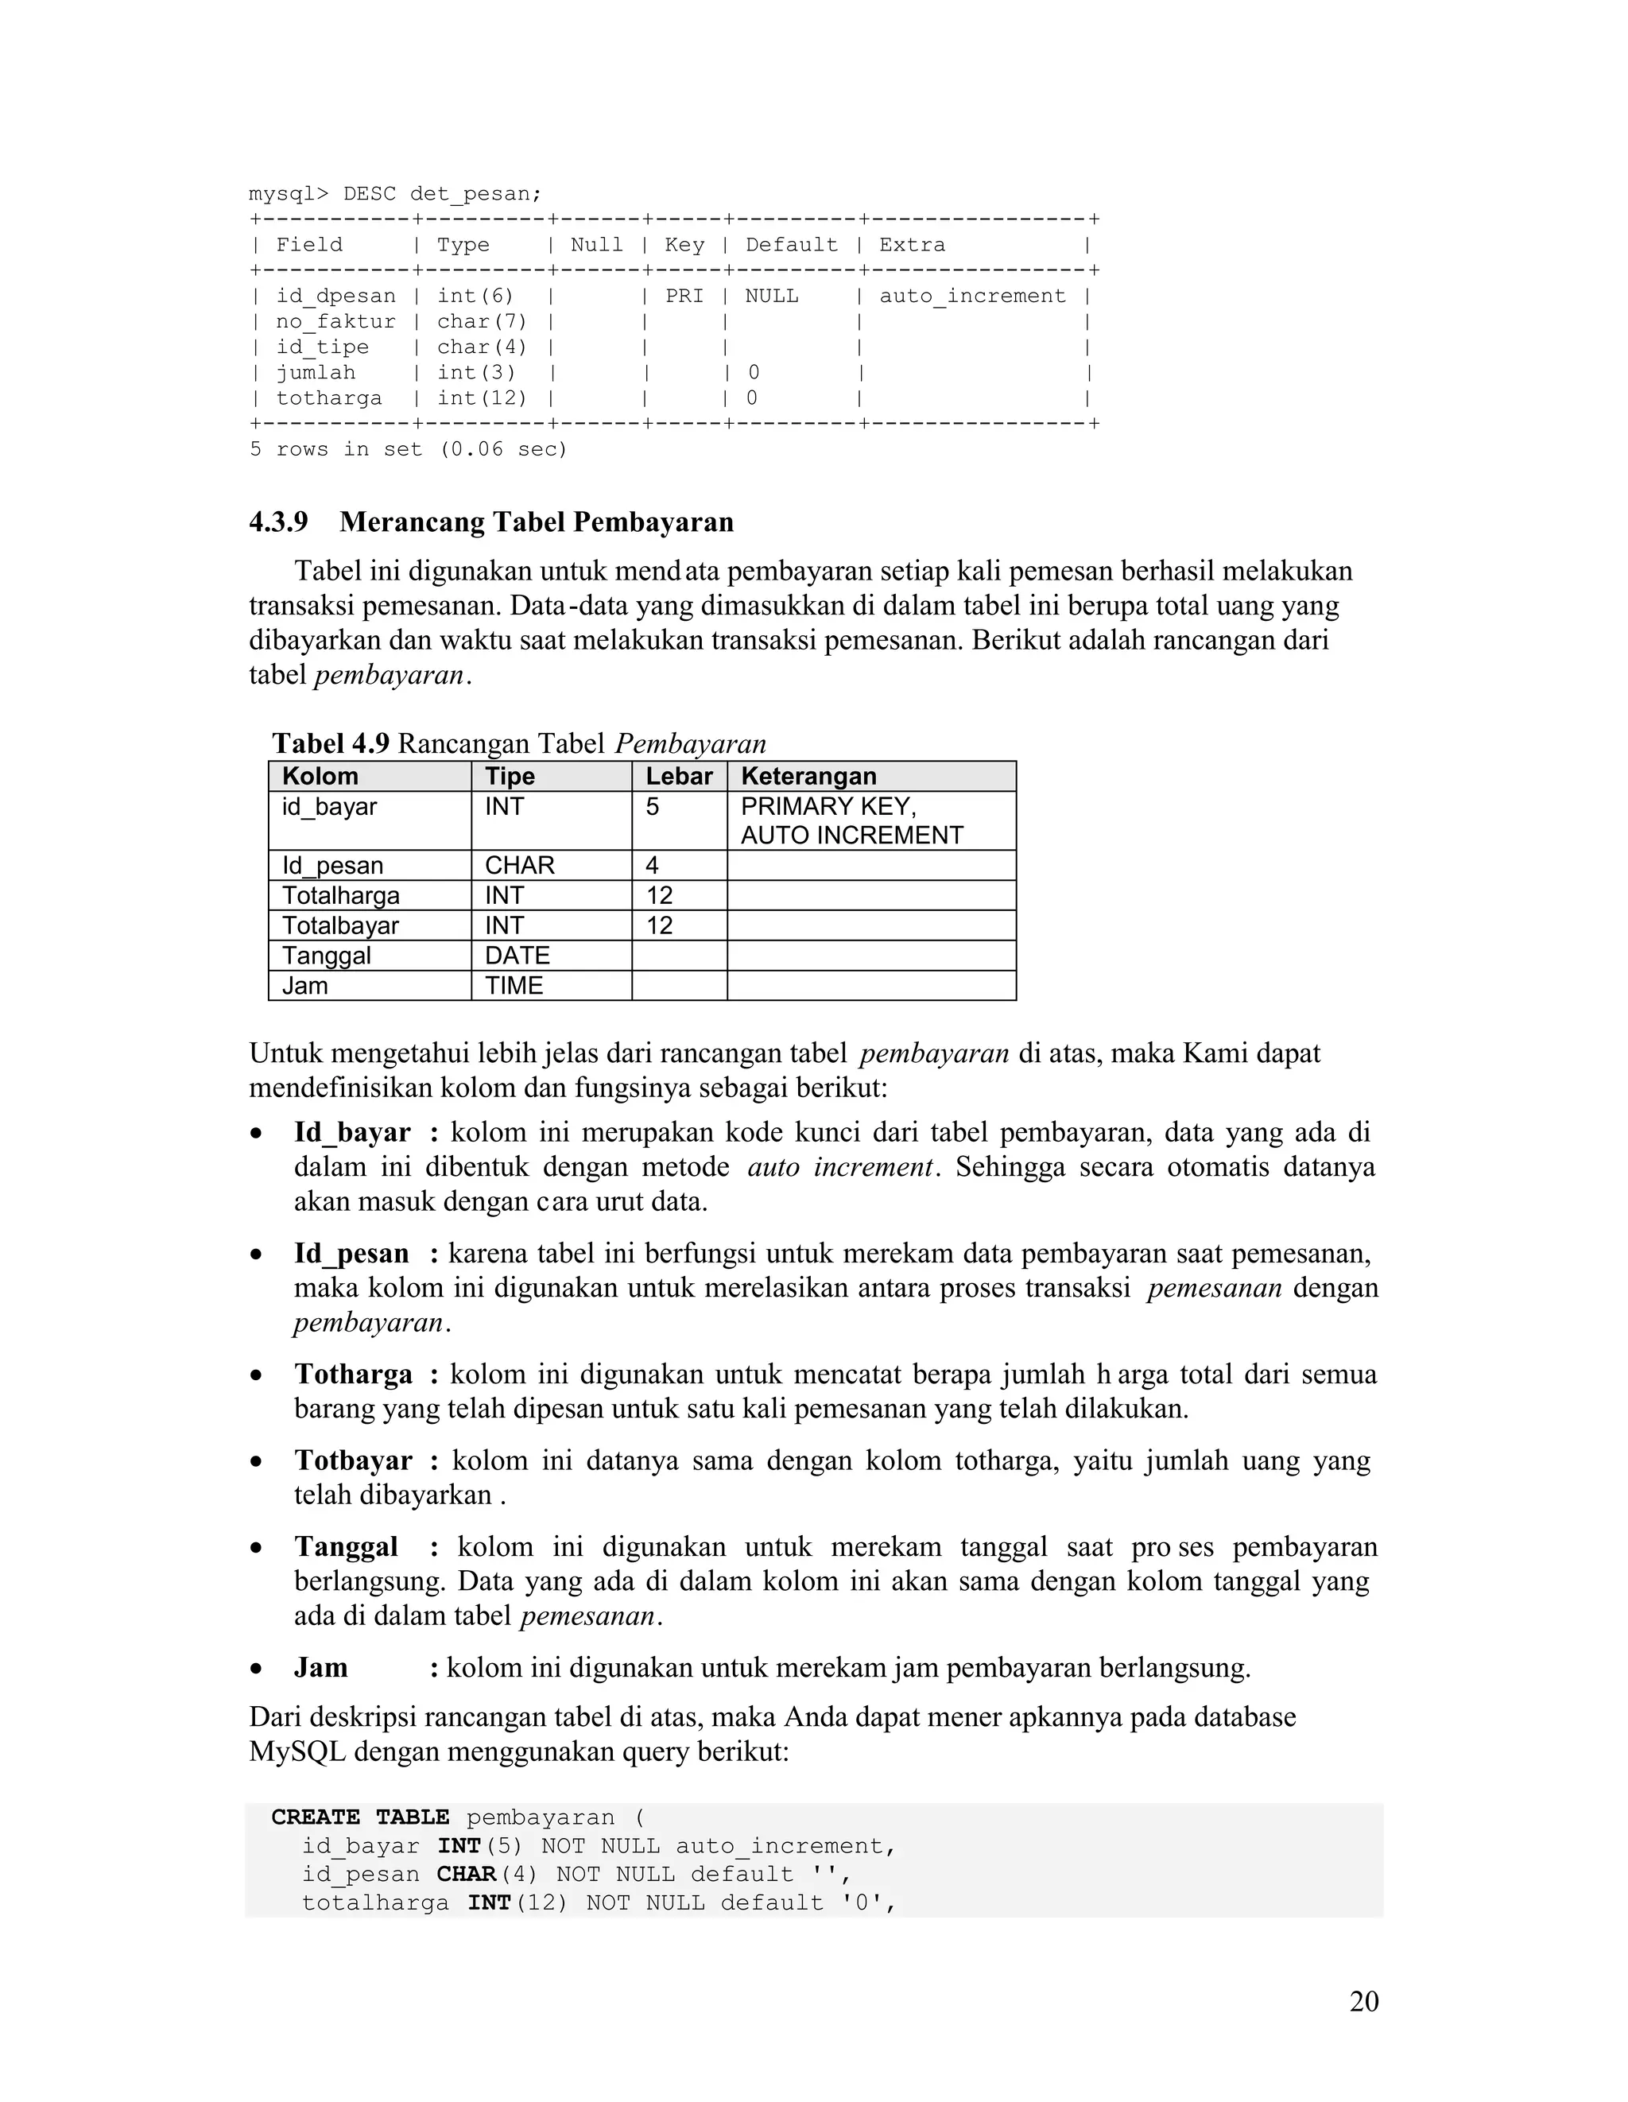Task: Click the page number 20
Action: click(1363, 2002)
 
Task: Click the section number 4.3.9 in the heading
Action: click(278, 522)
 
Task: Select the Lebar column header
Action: click(678, 777)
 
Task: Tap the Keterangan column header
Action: click(808, 777)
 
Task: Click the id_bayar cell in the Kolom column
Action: click(329, 807)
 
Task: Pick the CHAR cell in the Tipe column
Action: click(520, 865)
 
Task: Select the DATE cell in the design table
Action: click(517, 956)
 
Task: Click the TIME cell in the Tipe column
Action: click(514, 986)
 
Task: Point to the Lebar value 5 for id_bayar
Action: click(653, 807)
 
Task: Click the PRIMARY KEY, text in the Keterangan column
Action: click(828, 807)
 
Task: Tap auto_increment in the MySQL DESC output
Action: click(972, 297)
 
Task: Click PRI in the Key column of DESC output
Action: click(684, 297)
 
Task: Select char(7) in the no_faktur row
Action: click(482, 321)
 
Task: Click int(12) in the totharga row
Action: click(482, 398)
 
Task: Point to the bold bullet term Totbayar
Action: click(353, 1460)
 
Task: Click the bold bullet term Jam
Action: click(320, 1667)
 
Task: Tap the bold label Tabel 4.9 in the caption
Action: click(330, 743)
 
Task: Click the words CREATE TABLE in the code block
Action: click(360, 1817)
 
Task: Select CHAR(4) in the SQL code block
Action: click(486, 1874)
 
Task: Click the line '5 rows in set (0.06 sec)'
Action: click(409, 449)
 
